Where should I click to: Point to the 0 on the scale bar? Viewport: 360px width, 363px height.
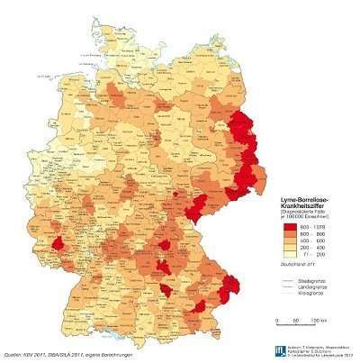pyautogui.click(x=264, y=320)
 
